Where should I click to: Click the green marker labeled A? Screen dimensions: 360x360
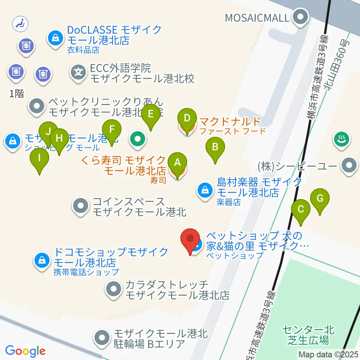click(177, 163)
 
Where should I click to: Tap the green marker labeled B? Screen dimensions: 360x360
click(215, 147)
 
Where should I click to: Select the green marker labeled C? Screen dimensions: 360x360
click(300, 209)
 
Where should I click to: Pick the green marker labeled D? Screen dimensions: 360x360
click(186, 119)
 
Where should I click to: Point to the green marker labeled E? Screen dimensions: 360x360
click(151, 114)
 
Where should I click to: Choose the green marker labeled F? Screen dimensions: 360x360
click(112, 130)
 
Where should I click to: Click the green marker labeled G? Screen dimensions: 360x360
click(320, 198)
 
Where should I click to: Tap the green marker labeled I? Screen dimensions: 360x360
click(39, 158)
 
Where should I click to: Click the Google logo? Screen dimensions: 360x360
click(25, 351)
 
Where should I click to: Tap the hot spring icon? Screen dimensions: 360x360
click(341, 140)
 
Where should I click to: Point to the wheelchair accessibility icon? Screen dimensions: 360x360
click(20, 24)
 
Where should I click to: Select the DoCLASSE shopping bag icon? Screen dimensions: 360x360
click(55, 37)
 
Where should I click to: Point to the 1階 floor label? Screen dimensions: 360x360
click(16, 94)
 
